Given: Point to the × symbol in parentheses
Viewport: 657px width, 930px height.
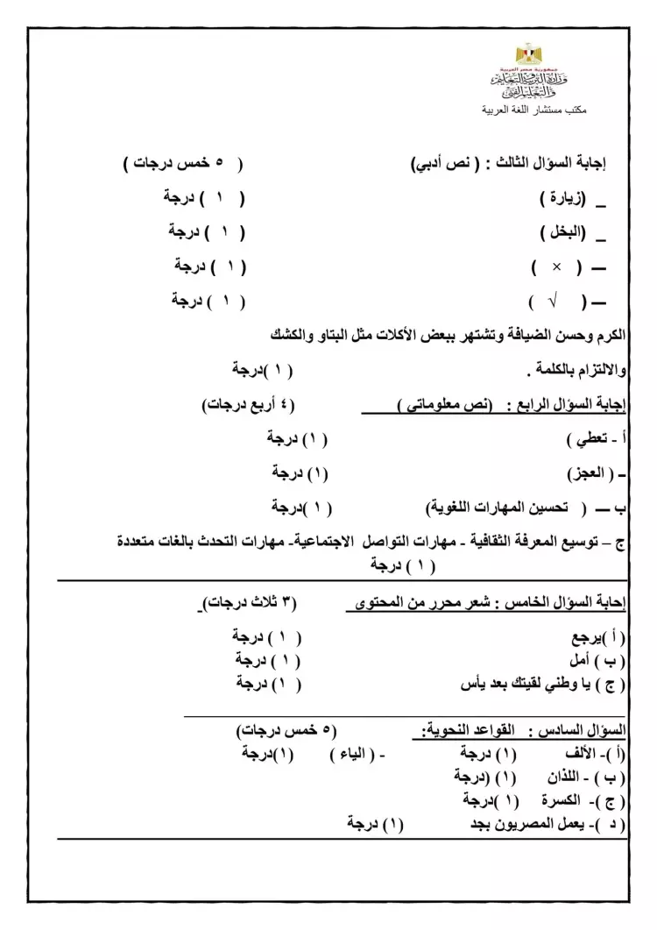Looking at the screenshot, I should click(556, 266).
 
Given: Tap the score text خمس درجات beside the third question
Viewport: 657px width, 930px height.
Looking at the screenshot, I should click(175, 163).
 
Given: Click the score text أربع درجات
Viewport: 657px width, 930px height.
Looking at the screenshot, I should click(237, 405).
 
